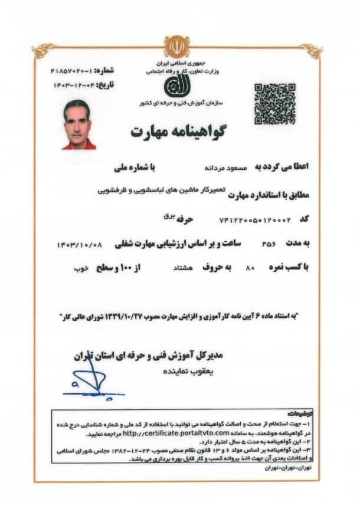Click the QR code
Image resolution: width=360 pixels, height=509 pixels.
274,104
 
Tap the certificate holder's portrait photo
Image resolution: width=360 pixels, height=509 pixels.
78,124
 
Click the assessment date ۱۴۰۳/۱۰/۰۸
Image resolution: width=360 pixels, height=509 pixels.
80,243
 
